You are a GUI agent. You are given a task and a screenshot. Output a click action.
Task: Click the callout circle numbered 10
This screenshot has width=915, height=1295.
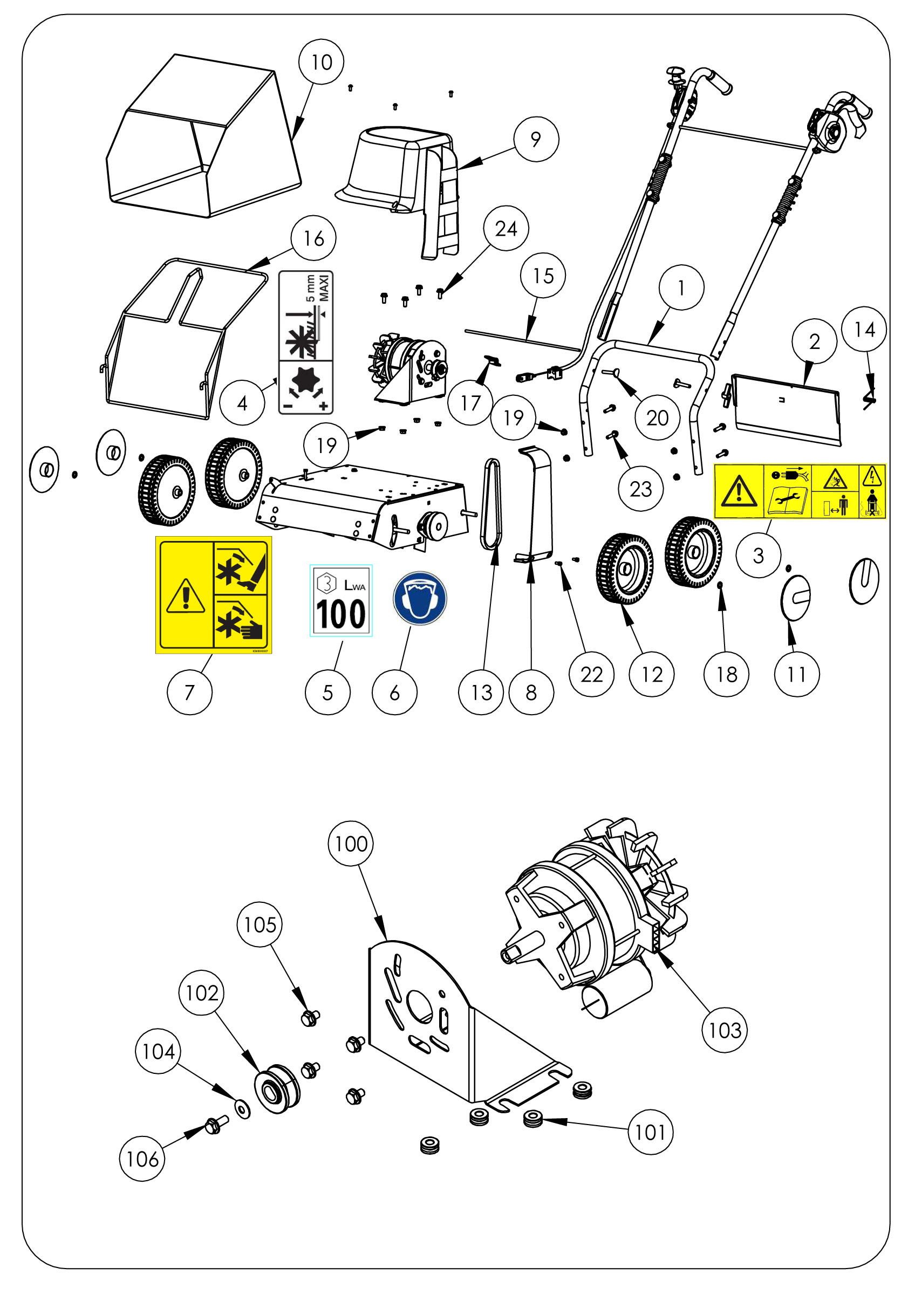321,62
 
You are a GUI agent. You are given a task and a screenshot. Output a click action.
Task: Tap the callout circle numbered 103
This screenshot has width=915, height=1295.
725,1031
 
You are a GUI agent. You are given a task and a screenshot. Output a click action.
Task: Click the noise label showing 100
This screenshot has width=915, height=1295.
341,601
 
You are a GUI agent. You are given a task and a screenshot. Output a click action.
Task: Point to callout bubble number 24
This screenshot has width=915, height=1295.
506,229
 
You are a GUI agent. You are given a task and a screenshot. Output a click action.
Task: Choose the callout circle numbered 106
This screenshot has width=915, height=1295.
142,1159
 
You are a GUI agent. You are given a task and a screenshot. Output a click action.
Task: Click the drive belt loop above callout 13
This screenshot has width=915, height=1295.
490,505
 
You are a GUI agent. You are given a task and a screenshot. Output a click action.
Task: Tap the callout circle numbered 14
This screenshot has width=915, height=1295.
864,330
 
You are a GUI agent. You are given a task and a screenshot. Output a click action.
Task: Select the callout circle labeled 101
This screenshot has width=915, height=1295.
651,1132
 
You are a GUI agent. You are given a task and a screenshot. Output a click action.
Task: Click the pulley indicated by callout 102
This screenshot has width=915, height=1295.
277,1088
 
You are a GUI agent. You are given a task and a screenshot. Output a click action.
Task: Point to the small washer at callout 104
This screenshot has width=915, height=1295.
243,1109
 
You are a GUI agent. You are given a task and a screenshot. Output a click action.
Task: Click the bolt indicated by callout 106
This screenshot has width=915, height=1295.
215,1125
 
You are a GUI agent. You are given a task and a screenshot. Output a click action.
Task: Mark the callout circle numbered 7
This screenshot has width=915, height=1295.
189,692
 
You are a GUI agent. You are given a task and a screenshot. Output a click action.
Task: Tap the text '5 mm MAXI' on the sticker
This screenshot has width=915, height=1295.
318,288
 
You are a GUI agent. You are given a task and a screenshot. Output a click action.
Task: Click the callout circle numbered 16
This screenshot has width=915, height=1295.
313,238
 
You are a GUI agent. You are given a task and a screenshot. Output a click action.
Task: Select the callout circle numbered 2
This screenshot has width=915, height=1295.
814,341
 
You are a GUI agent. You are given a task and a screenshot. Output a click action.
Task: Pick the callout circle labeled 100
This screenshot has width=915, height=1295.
350,844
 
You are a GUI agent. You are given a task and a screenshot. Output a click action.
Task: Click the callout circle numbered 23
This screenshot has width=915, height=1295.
640,489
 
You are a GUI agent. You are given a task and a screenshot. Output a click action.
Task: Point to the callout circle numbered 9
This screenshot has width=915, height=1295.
536,139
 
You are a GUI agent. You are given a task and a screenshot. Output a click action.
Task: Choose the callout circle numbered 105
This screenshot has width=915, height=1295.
260,924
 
